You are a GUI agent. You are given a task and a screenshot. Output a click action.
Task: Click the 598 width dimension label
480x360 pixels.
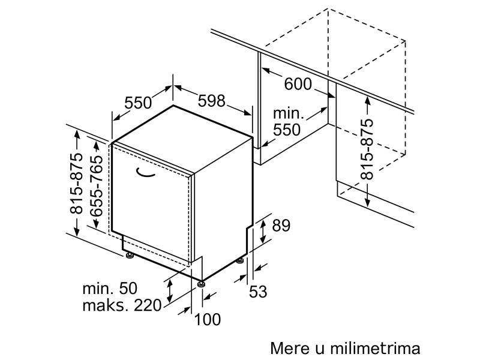point(211,101)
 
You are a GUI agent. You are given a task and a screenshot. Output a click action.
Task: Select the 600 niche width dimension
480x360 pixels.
point(298,84)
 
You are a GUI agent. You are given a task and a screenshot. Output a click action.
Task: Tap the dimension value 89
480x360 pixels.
point(281,226)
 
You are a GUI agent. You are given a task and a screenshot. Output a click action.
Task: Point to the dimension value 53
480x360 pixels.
point(258,291)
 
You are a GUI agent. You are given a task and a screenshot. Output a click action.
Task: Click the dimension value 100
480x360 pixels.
point(207,319)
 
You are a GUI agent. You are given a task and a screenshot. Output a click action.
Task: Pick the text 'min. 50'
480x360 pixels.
point(110,288)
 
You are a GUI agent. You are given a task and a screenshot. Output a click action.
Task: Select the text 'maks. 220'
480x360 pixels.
point(122,305)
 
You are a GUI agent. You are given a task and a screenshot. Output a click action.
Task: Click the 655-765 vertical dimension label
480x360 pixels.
point(97,186)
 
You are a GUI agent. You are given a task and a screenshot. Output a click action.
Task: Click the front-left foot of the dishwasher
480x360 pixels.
point(130,255)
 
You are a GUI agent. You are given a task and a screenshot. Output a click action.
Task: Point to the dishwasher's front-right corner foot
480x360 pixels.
point(201,284)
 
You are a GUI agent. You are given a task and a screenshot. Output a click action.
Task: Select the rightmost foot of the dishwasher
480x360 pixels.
point(240,261)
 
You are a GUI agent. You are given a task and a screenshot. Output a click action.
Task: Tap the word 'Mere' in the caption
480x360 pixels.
point(290,349)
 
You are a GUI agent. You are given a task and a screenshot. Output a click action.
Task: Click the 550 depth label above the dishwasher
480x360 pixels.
point(138,103)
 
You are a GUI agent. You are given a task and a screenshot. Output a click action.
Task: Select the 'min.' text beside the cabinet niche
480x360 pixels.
point(289,113)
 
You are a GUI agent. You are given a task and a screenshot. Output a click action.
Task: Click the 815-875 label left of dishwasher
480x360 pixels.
point(76,183)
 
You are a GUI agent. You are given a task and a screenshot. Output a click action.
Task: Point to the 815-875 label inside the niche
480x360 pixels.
point(367,149)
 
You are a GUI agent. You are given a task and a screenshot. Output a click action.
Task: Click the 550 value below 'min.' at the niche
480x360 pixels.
point(287,130)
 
